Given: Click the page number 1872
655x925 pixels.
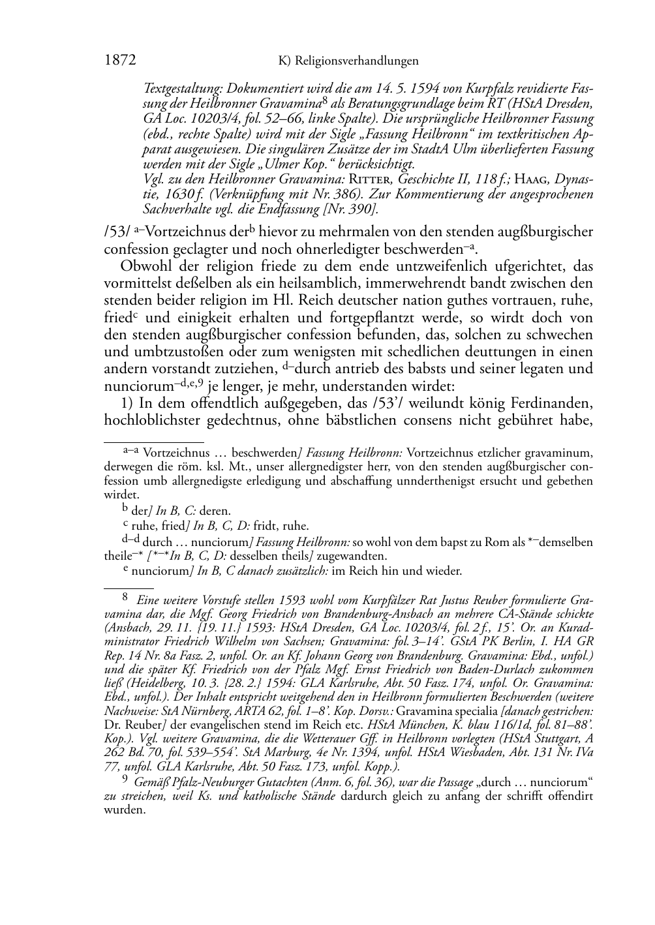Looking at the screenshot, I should [x=119, y=61].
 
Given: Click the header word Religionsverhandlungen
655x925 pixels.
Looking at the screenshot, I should [x=356, y=61].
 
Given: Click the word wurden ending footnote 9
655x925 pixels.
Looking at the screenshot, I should [x=123, y=810].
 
